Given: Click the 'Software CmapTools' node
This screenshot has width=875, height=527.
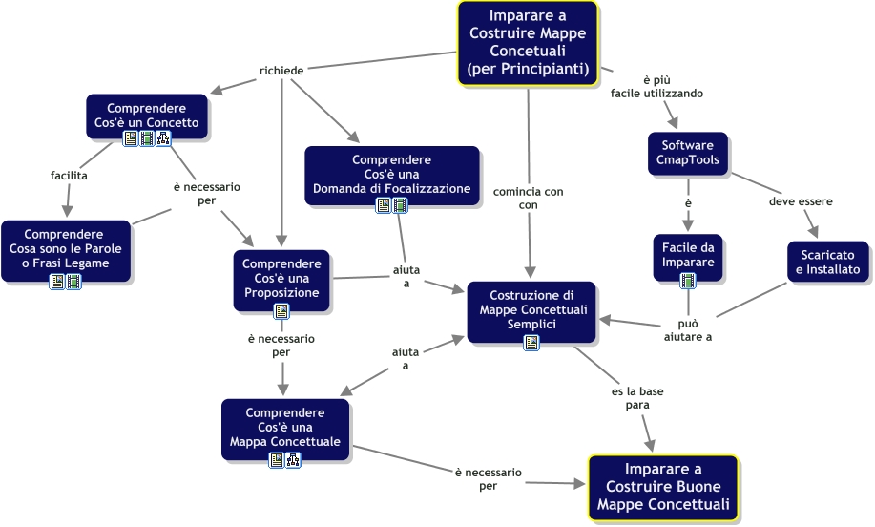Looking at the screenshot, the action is coord(688,154).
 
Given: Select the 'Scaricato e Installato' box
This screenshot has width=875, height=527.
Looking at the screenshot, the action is coord(828,262).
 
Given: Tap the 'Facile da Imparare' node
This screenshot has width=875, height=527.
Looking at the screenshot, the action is coord(688,257).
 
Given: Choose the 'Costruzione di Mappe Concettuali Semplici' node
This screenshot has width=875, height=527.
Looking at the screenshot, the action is coord(531,311).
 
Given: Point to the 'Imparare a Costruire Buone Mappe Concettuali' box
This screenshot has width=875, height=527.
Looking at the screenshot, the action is coord(663,487).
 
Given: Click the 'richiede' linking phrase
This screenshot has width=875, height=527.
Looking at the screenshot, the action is coord(281,71).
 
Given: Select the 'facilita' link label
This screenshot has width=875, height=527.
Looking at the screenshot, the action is coord(69,176).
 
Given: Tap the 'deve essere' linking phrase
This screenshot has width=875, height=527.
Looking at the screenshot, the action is coord(801,201).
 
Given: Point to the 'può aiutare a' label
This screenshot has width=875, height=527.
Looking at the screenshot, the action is coord(687,330).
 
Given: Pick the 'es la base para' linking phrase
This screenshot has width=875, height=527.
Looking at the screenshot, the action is coord(637,398).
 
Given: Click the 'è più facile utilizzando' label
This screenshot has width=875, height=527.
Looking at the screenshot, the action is coord(656,87).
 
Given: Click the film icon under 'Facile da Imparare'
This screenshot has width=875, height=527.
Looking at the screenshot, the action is coord(688,281).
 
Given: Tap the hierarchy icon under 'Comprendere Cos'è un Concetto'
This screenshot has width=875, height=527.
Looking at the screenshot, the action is coord(163,138).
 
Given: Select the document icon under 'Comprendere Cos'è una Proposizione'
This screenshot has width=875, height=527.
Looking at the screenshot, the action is coord(281,311).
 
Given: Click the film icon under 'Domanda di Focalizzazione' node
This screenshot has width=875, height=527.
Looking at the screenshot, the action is coord(400,205).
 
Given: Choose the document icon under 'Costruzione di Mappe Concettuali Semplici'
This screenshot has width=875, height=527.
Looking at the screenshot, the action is coord(531,343).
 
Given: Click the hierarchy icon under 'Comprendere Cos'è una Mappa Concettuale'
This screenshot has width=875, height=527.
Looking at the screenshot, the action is coord(293,460).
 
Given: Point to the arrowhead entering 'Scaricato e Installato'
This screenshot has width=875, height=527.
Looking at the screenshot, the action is coord(814,232).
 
